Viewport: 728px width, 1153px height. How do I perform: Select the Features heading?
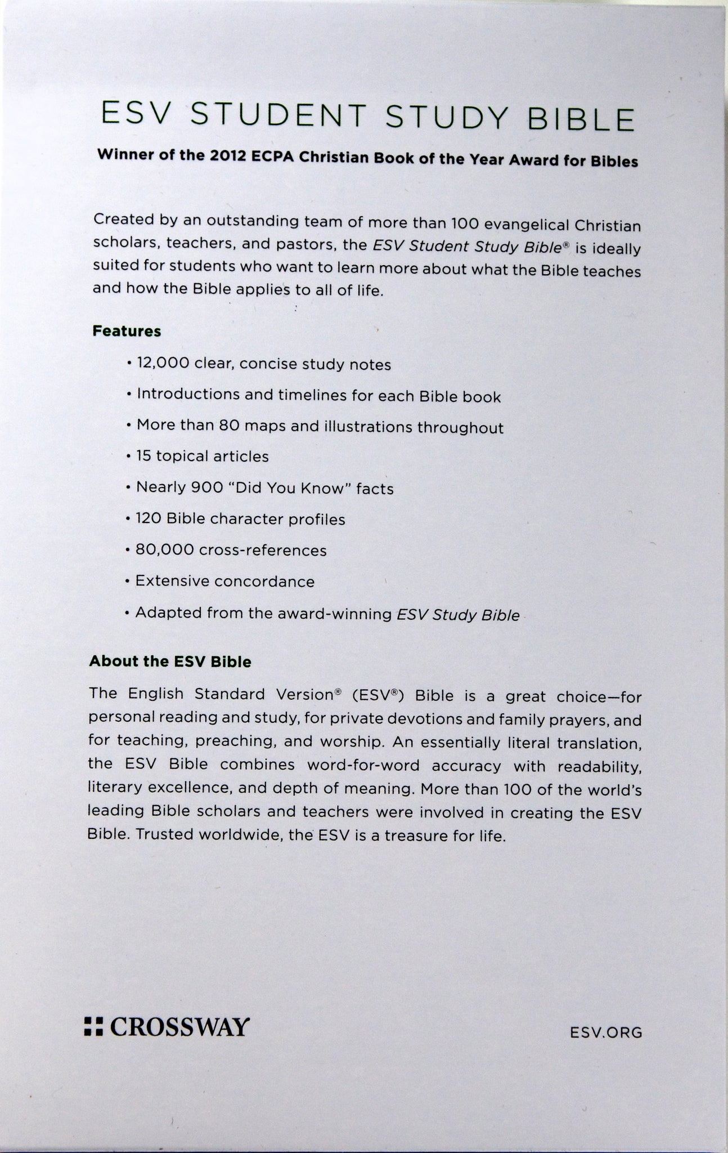(127, 331)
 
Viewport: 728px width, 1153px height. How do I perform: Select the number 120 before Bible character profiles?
(149, 518)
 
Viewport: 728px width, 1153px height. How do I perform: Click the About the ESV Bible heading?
(170, 661)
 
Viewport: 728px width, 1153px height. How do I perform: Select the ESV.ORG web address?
(605, 1032)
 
